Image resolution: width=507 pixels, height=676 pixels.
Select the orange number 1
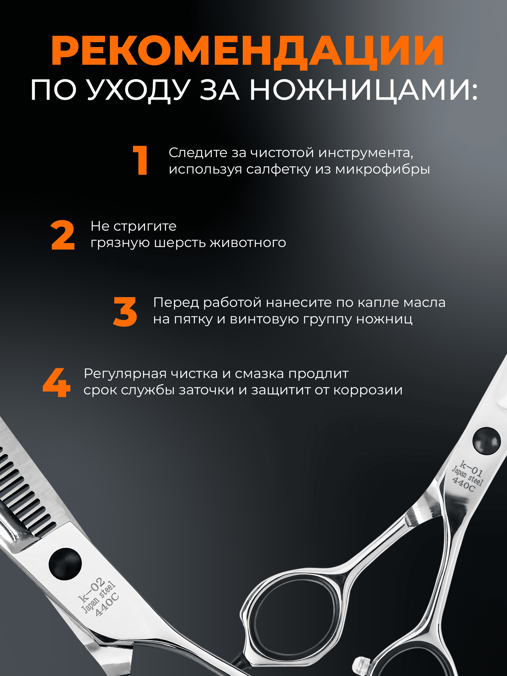pyautogui.click(x=141, y=160)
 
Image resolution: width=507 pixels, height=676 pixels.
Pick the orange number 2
pyautogui.click(x=63, y=235)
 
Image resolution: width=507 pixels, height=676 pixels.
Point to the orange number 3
pyautogui.click(x=125, y=312)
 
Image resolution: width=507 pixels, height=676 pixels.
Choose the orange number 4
pyautogui.click(x=57, y=382)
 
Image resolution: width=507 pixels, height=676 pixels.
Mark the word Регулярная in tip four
pyautogui.click(x=125, y=374)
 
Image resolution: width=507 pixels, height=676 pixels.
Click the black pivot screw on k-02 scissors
pyautogui.click(x=65, y=564)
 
